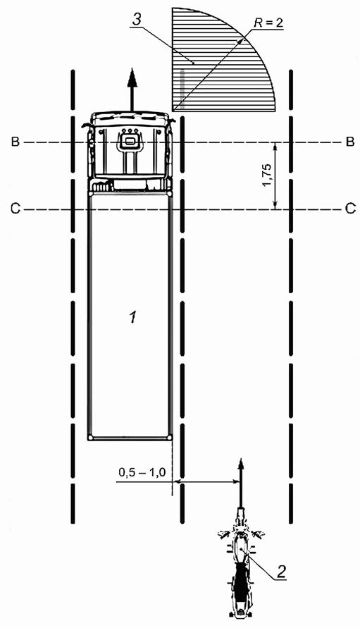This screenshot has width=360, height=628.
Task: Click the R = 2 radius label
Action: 268,23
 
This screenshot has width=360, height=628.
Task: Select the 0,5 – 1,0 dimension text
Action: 142,472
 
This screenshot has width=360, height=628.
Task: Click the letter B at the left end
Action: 15,142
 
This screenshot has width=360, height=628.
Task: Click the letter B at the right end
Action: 350,142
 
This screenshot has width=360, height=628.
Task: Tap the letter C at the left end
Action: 15,209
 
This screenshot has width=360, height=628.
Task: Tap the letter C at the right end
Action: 350,209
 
